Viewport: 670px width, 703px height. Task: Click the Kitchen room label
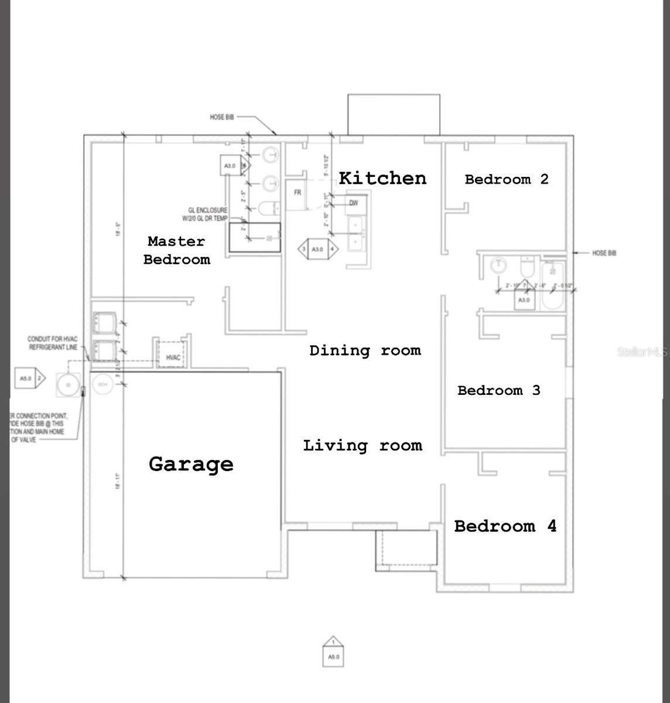(382, 178)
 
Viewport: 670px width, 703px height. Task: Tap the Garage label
(191, 464)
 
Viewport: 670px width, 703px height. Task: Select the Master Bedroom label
(176, 250)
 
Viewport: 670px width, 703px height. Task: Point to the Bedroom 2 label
(507, 179)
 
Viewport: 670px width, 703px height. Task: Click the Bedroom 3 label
(498, 390)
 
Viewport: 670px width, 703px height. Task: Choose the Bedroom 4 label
(505, 526)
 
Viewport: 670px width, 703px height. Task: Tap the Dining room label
(365, 350)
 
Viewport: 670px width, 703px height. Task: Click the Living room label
(363, 446)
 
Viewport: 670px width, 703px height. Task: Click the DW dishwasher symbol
(354, 203)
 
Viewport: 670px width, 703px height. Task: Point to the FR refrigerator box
(298, 193)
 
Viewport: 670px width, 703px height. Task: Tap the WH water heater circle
(102, 384)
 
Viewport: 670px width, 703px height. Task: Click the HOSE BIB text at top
(222, 117)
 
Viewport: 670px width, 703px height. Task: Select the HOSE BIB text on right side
(604, 253)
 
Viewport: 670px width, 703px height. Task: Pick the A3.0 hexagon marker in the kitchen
(317, 249)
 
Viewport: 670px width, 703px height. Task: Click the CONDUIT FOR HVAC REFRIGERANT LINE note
(53, 343)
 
